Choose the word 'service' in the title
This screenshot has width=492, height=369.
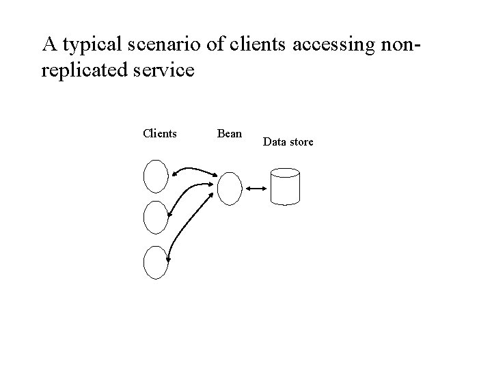pyautogui.click(x=165, y=70)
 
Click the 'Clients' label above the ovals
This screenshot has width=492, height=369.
pyautogui.click(x=159, y=133)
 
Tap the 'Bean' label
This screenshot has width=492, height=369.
pyautogui.click(x=229, y=133)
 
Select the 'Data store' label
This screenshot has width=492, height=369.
pyautogui.click(x=288, y=142)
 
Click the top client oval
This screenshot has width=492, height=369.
pyautogui.click(x=156, y=176)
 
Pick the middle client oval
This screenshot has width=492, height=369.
pyautogui.click(x=156, y=218)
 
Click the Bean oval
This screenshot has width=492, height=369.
pyautogui.click(x=230, y=189)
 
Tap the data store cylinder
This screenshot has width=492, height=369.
pyautogui.click(x=285, y=186)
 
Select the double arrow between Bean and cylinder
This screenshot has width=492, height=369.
pyautogui.click(x=257, y=189)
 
